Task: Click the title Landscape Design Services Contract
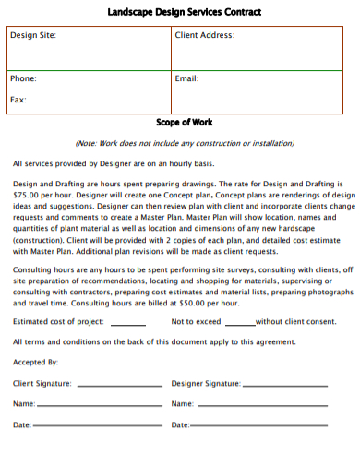[x=184, y=13]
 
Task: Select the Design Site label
[x=33, y=35]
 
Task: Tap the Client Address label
[x=204, y=35]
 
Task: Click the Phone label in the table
[x=23, y=78]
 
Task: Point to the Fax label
[x=18, y=99]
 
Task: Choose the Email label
[x=186, y=78]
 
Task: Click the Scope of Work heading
[x=184, y=122]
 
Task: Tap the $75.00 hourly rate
[x=27, y=196]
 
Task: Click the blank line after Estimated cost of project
[x=128, y=324]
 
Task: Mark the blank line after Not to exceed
[x=240, y=324]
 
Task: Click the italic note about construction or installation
[x=185, y=144]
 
